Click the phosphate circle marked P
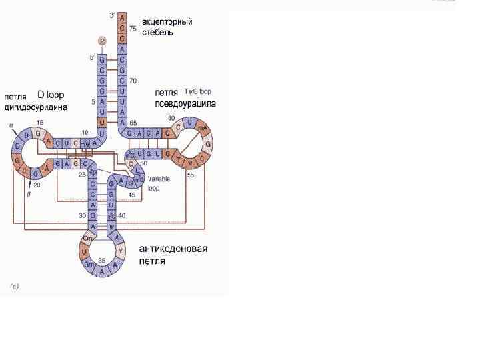coord(102,41)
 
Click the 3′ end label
coord(111,15)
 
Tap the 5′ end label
coord(93,58)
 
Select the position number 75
coord(133,29)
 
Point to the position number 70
coord(133,81)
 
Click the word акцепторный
coord(167,21)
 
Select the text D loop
coord(51,94)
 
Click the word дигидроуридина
coord(36,107)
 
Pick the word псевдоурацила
coord(185,103)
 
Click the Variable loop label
coord(159,183)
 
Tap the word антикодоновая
coord(173,249)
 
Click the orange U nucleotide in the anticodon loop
coord(84,253)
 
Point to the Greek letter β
coord(29,196)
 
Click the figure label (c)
coord(15,287)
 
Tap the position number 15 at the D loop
coord(40,123)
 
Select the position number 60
coord(171,119)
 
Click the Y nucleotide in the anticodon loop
coord(120,252)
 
